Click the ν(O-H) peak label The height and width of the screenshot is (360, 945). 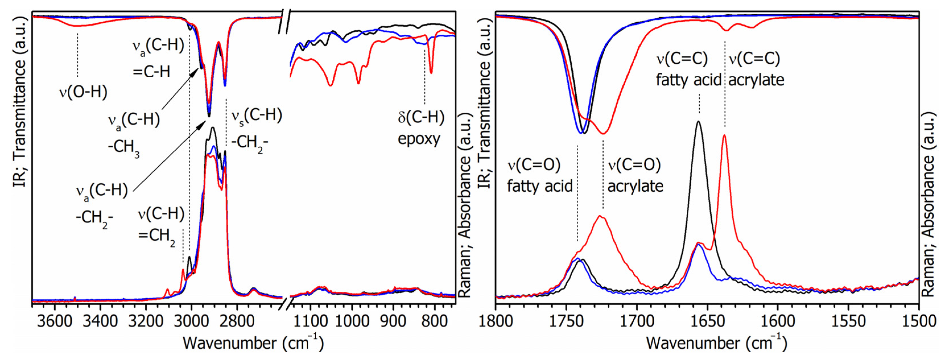(x=83, y=92)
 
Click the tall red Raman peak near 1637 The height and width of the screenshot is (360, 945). (x=724, y=135)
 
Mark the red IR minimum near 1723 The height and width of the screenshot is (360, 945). (x=603, y=134)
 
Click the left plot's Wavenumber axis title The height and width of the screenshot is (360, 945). (x=253, y=343)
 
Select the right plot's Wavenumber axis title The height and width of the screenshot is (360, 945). (x=716, y=343)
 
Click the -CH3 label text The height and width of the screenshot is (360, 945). (x=124, y=148)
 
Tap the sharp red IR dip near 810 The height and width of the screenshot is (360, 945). (x=431, y=73)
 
